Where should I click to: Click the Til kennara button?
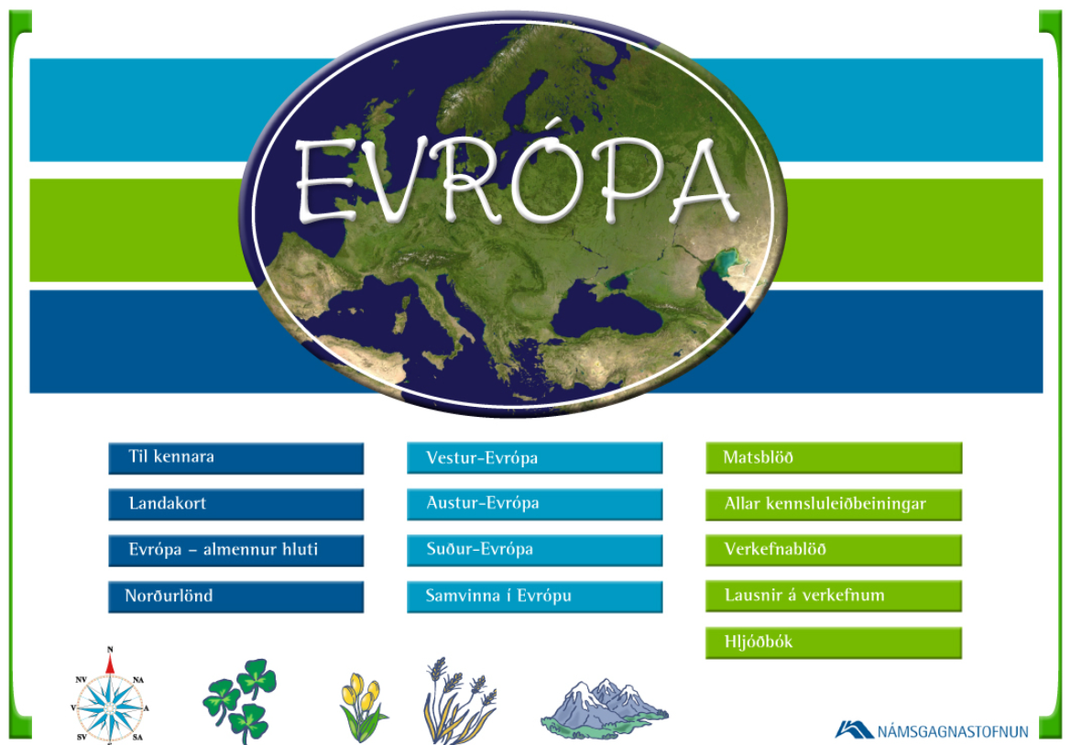pos(235,458)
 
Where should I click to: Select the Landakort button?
pos(235,504)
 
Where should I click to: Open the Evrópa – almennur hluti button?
pos(235,550)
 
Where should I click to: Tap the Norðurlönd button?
pos(235,597)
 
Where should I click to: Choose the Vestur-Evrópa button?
pos(535,458)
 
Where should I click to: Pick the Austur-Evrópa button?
pos(535,504)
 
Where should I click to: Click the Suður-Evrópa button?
pos(535,550)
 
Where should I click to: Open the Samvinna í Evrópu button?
pos(535,597)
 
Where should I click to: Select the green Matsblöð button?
pos(834,458)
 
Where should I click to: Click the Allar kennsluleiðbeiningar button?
pos(834,504)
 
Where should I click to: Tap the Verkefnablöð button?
pos(834,550)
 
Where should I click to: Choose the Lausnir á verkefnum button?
pos(834,597)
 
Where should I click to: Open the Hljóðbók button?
pos(834,643)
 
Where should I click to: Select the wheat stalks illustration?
pos(458,701)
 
